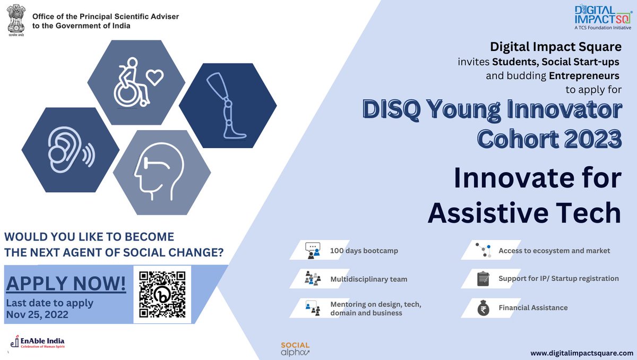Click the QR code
[162, 294]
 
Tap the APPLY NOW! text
[66, 282]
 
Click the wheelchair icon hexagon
[136, 80]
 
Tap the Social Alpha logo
[295, 348]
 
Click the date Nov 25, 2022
[39, 314]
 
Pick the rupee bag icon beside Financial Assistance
[483, 308]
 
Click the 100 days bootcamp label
[364, 251]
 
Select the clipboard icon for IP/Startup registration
[483, 279]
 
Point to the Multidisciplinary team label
[368, 279]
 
